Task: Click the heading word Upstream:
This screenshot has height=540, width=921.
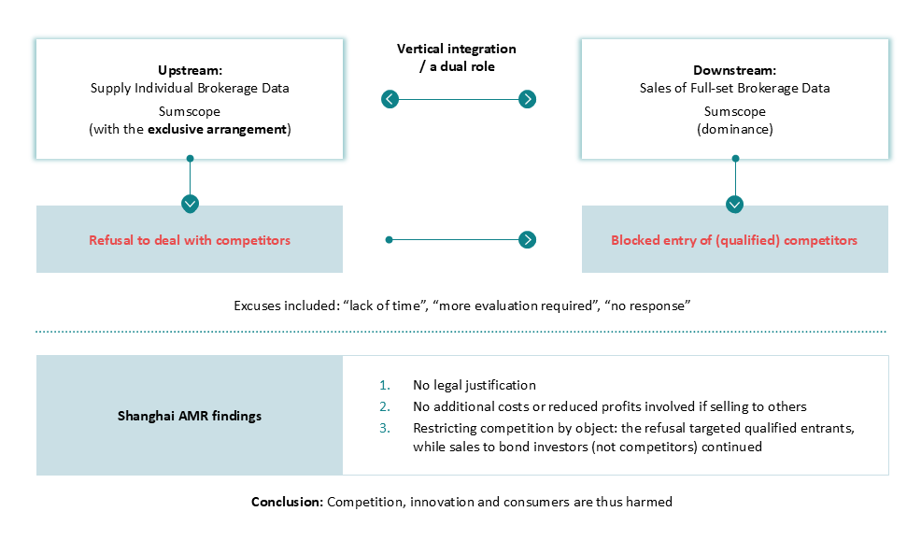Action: pyautogui.click(x=190, y=70)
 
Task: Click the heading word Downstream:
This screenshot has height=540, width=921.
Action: pyautogui.click(x=734, y=70)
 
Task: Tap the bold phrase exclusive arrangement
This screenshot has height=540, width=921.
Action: pyautogui.click(x=217, y=129)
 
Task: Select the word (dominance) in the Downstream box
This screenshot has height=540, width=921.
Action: pyautogui.click(x=735, y=129)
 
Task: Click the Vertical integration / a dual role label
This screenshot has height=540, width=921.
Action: pyautogui.click(x=457, y=58)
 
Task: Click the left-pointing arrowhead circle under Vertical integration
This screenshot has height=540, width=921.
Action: pyautogui.click(x=390, y=99)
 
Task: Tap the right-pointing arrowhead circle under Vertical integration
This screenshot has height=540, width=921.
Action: pyautogui.click(x=528, y=99)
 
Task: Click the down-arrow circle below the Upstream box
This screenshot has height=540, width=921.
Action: pyautogui.click(x=190, y=204)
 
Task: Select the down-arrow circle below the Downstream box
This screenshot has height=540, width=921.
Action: pyautogui.click(x=735, y=204)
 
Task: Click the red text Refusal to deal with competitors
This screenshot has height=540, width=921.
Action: pyautogui.click(x=190, y=240)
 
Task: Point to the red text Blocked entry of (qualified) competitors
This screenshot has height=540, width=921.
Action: pyautogui.click(x=734, y=240)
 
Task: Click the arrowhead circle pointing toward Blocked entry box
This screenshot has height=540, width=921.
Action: pyautogui.click(x=528, y=240)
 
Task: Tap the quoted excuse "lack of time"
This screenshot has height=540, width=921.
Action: pyautogui.click(x=386, y=306)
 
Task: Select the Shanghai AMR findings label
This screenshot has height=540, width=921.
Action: pyautogui.click(x=190, y=416)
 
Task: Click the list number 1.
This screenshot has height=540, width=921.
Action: pyautogui.click(x=385, y=386)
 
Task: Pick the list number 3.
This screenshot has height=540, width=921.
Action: pyautogui.click(x=385, y=429)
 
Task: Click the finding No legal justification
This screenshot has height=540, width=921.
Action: pyautogui.click(x=475, y=386)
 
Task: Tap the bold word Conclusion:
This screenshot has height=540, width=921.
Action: pyautogui.click(x=287, y=502)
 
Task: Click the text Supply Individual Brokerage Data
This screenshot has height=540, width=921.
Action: pyautogui.click(x=190, y=88)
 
